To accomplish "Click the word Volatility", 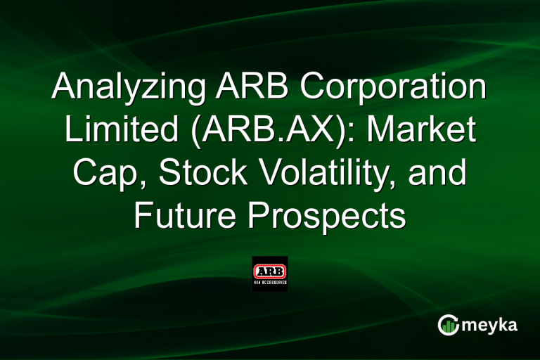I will [x=335, y=174].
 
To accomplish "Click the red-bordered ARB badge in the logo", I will [x=270, y=269].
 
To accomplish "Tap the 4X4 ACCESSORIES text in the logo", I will [x=270, y=283].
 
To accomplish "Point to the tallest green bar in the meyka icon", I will [x=451, y=324].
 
